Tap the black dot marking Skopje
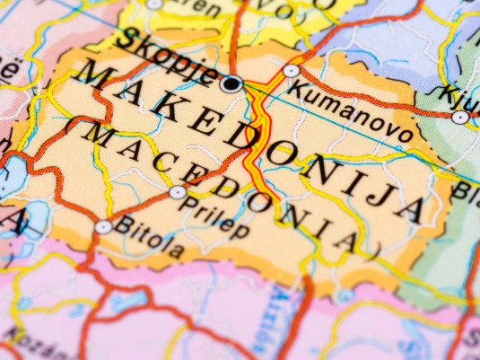click(x=231, y=84)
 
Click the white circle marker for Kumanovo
click(x=292, y=70)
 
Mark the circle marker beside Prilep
click(x=178, y=192)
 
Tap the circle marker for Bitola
click(x=104, y=227)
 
